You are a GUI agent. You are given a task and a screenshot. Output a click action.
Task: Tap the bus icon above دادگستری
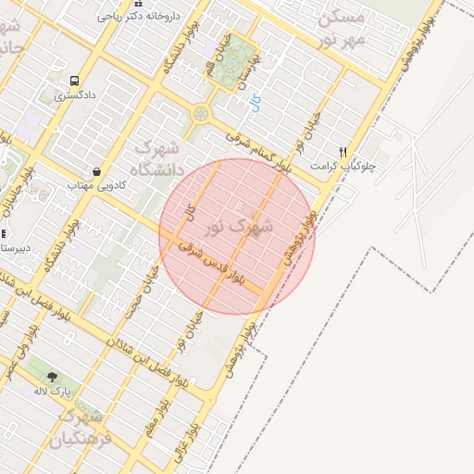click(x=73, y=80)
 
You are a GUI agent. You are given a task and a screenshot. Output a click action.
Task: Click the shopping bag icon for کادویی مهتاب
click(x=97, y=171)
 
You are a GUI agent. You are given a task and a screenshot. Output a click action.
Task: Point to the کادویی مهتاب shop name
click(x=94, y=186)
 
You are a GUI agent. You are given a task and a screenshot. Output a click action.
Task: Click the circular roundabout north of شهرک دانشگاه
click(x=199, y=114)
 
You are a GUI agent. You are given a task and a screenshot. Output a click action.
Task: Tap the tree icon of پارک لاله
click(x=51, y=377)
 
